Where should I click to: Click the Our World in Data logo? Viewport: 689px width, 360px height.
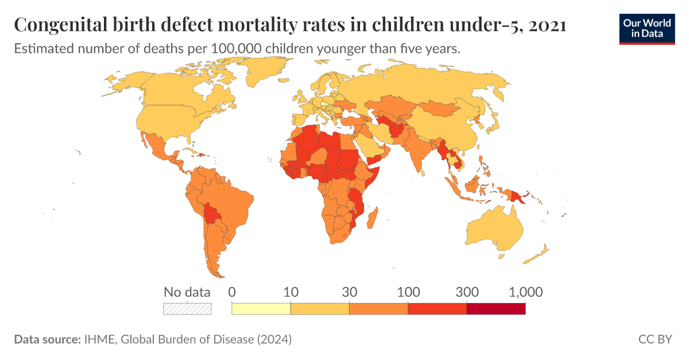(647, 28)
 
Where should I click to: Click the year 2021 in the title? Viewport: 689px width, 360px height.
(548, 25)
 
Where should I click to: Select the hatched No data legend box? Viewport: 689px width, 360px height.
(187, 308)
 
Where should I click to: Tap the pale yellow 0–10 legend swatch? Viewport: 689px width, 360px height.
(261, 309)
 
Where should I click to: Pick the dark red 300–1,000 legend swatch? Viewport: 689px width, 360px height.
(496, 309)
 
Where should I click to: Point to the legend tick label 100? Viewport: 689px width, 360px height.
(408, 292)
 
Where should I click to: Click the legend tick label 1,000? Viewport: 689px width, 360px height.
(525, 292)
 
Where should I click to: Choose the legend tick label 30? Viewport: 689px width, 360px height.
(349, 292)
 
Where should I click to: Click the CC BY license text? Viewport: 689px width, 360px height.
(655, 339)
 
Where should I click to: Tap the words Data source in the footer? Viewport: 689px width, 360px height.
(47, 339)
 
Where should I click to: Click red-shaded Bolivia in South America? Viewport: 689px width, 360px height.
(213, 215)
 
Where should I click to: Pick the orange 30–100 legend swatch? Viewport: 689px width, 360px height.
(378, 309)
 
